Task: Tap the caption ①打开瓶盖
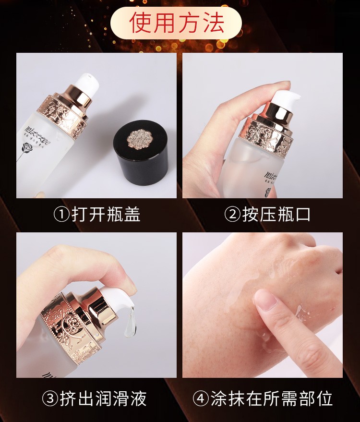pyautogui.click(x=96, y=214)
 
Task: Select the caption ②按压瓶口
pyautogui.click(x=263, y=214)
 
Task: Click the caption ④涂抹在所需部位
pyautogui.click(x=263, y=398)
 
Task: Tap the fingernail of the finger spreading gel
pyautogui.click(x=265, y=301)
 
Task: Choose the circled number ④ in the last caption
pyautogui.click(x=201, y=399)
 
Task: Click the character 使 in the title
pyautogui.click(x=140, y=23)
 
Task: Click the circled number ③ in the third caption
pyautogui.click(x=50, y=399)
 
